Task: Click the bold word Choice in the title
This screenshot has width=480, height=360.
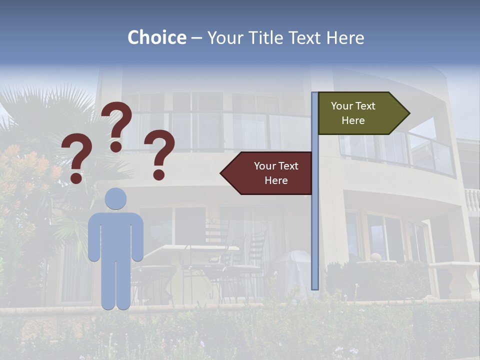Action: pos(156,37)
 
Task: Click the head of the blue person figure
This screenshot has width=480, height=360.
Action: pos(115,198)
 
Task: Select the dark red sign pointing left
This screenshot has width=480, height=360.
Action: pos(270,173)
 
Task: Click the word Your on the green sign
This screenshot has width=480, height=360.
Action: pos(342,106)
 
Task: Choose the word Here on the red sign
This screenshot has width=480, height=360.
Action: pos(276,180)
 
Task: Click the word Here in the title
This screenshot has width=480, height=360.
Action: pos(344,37)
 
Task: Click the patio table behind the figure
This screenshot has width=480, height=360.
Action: pos(200,250)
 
